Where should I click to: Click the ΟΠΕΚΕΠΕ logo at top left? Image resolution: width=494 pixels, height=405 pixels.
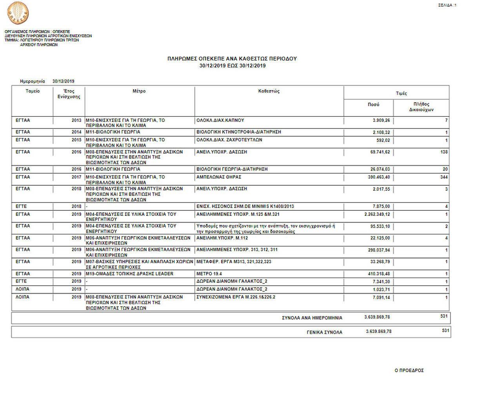pos(18,13)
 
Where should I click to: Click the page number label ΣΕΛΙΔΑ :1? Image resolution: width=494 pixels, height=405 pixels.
pos(447,5)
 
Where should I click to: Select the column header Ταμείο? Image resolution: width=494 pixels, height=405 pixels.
pos(33,91)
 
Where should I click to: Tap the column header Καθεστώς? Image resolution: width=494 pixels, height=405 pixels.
pos(269,91)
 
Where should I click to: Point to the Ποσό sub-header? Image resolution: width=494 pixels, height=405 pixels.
pos(373,105)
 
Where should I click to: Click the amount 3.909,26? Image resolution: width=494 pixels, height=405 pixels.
pos(381,121)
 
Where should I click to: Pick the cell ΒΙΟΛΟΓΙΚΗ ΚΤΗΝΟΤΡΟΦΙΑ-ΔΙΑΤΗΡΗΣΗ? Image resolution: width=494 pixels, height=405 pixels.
pos(238,132)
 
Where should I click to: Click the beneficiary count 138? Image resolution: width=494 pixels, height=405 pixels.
pos(444,152)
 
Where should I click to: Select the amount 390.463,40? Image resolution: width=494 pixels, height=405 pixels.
pos(379,177)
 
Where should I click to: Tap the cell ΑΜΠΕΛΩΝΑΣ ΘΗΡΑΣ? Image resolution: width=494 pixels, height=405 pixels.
pos(219,177)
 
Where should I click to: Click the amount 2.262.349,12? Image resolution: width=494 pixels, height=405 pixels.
pos(377,214)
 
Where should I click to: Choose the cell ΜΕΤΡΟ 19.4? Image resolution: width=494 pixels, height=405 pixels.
pos(209,274)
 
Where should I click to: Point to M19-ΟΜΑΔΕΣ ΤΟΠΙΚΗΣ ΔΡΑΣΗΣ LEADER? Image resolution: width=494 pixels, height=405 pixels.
pos(129,274)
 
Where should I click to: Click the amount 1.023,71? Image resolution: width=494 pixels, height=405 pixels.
pos(381,289)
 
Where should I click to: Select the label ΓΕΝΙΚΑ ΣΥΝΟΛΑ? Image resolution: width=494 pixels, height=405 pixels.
pos(324,332)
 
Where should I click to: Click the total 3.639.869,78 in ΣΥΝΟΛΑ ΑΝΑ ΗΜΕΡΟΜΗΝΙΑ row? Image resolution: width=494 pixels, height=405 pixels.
pos(377,317)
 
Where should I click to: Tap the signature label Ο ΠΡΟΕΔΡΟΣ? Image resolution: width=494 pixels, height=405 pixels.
pos(409,371)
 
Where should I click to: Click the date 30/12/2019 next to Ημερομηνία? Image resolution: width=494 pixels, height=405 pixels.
pos(63,81)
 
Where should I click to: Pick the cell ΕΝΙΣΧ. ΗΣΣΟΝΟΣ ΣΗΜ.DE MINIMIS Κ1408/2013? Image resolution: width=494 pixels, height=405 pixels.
pos(245,206)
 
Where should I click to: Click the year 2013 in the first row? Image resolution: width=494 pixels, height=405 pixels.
pos(76,121)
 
